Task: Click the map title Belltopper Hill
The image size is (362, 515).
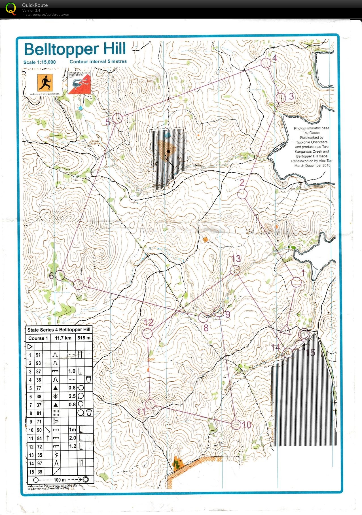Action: coord(75,49)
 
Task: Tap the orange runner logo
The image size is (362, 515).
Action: coord(45,83)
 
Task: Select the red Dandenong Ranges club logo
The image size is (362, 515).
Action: coord(79,83)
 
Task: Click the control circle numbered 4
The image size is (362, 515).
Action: coord(266,63)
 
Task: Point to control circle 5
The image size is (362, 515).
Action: coord(117,118)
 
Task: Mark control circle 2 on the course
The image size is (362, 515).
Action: coord(242,194)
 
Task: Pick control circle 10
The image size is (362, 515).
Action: coord(236,424)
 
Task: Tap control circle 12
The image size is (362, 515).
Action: coord(147,334)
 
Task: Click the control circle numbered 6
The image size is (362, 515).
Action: coord(60,275)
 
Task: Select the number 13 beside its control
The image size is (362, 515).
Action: coord(236,258)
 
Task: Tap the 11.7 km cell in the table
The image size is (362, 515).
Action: coord(63,338)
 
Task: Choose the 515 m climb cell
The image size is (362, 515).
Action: coord(84,338)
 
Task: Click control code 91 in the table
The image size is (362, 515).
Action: coord(38,355)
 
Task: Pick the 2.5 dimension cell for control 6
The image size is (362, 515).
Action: coord(72,396)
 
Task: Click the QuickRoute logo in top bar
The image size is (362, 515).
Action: coord(11,9)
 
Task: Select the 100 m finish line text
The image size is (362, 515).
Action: coord(60,480)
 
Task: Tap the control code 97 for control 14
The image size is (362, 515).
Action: coord(39,463)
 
